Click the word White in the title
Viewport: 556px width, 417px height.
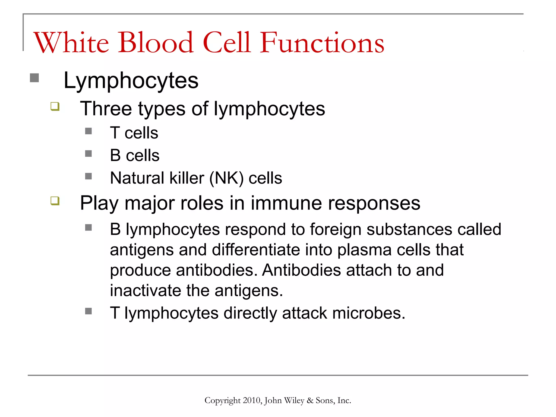pyautogui.click(x=71, y=42)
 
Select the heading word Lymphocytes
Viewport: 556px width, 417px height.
pyautogui.click(x=131, y=81)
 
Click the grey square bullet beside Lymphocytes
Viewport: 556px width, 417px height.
pyautogui.click(x=34, y=78)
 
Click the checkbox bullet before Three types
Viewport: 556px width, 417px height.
pyautogui.click(x=55, y=106)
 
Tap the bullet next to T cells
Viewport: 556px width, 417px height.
pyautogui.click(x=88, y=131)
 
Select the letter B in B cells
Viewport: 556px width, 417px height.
pyautogui.click(x=115, y=155)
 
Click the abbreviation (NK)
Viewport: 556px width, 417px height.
pyautogui.click(x=226, y=178)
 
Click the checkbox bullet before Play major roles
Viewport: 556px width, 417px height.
pyautogui.click(x=55, y=201)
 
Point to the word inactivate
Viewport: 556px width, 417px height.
pyautogui.click(x=145, y=290)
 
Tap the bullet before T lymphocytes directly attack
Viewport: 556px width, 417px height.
pyautogui.click(x=88, y=311)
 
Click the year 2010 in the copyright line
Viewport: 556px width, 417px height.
pyautogui.click(x=252, y=400)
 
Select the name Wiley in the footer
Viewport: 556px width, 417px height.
pyautogui.click(x=294, y=400)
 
